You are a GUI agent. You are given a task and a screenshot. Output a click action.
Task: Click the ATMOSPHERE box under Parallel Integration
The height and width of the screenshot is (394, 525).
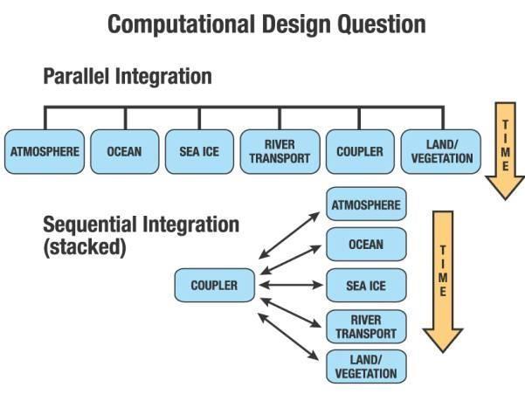[45, 152]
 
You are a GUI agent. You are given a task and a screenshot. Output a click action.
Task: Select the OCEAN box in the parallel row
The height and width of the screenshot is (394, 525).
[125, 152]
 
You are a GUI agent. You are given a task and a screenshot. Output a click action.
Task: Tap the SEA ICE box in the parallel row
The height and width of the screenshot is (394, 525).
[199, 152]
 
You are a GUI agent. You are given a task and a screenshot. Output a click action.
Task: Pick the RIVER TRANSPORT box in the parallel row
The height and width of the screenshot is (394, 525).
[280, 152]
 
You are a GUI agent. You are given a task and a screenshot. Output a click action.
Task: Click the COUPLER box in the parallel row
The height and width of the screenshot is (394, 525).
[360, 152]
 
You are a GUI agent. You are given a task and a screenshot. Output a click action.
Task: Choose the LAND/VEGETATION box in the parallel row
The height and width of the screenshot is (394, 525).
[441, 152]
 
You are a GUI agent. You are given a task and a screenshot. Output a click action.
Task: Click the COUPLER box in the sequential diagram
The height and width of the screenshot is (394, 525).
[215, 285]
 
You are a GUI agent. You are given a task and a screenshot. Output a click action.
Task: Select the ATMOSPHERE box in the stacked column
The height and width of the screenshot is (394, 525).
[366, 204]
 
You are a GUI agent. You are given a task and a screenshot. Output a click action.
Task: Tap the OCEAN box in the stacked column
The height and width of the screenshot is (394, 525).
[366, 245]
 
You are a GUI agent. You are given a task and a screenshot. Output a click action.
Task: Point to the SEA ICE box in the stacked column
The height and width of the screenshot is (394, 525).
[366, 286]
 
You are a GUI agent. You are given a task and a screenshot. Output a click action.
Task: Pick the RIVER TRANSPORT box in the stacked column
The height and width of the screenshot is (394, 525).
[366, 327]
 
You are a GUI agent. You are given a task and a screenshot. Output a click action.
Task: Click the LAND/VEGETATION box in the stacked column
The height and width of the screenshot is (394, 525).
[366, 367]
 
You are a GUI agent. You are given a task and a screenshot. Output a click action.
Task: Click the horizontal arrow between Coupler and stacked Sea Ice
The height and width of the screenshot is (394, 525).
[291, 285]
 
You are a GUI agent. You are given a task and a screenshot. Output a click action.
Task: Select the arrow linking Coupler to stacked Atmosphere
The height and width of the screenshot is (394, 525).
[289, 235]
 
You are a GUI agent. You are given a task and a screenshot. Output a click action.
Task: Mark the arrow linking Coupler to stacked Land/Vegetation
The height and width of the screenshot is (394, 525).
[288, 336]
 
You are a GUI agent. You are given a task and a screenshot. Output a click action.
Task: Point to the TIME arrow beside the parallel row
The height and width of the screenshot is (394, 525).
[505, 150]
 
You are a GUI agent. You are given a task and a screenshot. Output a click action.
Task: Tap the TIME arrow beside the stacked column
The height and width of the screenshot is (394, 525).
[443, 281]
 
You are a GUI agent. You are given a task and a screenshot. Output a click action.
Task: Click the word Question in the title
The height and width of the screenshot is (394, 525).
[382, 24]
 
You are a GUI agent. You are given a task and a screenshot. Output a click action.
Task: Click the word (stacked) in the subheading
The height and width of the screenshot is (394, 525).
[85, 247]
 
